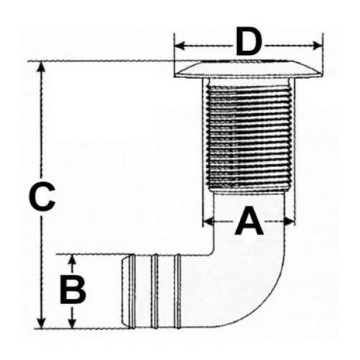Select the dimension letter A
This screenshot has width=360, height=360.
(249, 220)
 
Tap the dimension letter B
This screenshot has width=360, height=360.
(73, 290)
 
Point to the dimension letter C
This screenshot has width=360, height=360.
(42, 197)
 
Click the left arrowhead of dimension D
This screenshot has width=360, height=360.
(180, 46)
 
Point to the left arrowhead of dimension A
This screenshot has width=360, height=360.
(209, 221)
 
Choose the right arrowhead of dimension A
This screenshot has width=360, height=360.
(290, 221)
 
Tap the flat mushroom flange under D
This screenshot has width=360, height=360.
(248, 69)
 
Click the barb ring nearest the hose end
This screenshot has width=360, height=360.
(132, 291)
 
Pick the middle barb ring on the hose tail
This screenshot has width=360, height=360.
(155, 291)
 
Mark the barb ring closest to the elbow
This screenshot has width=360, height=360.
(177, 291)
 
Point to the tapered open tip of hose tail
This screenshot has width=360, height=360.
(124, 291)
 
